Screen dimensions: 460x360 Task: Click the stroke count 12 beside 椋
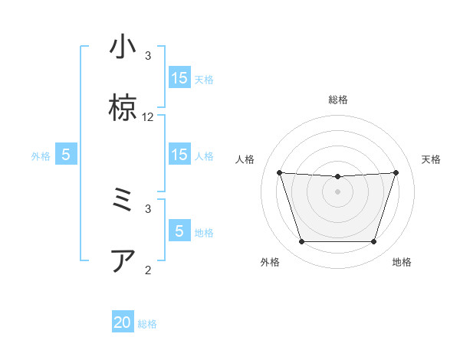coord(148,117)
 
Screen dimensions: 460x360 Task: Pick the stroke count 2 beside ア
coord(148,269)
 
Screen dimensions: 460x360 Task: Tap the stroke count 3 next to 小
coord(148,55)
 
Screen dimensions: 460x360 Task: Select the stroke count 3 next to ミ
coord(148,208)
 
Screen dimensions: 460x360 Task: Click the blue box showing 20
coord(123,322)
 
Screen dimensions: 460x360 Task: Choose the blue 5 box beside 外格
coord(66,155)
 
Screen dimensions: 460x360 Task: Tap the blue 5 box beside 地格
coord(179,231)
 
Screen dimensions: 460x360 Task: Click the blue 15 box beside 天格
coord(179,78)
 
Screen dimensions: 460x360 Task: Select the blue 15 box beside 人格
coord(179,155)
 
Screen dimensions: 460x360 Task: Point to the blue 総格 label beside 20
coord(147,324)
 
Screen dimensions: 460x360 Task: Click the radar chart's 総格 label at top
coord(337,100)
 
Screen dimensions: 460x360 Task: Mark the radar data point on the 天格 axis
coord(396,172)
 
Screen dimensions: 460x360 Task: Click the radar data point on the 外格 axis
coord(301,242)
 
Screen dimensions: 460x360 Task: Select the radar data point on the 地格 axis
coord(373,242)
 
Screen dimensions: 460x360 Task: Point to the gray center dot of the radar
coord(337,191)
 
